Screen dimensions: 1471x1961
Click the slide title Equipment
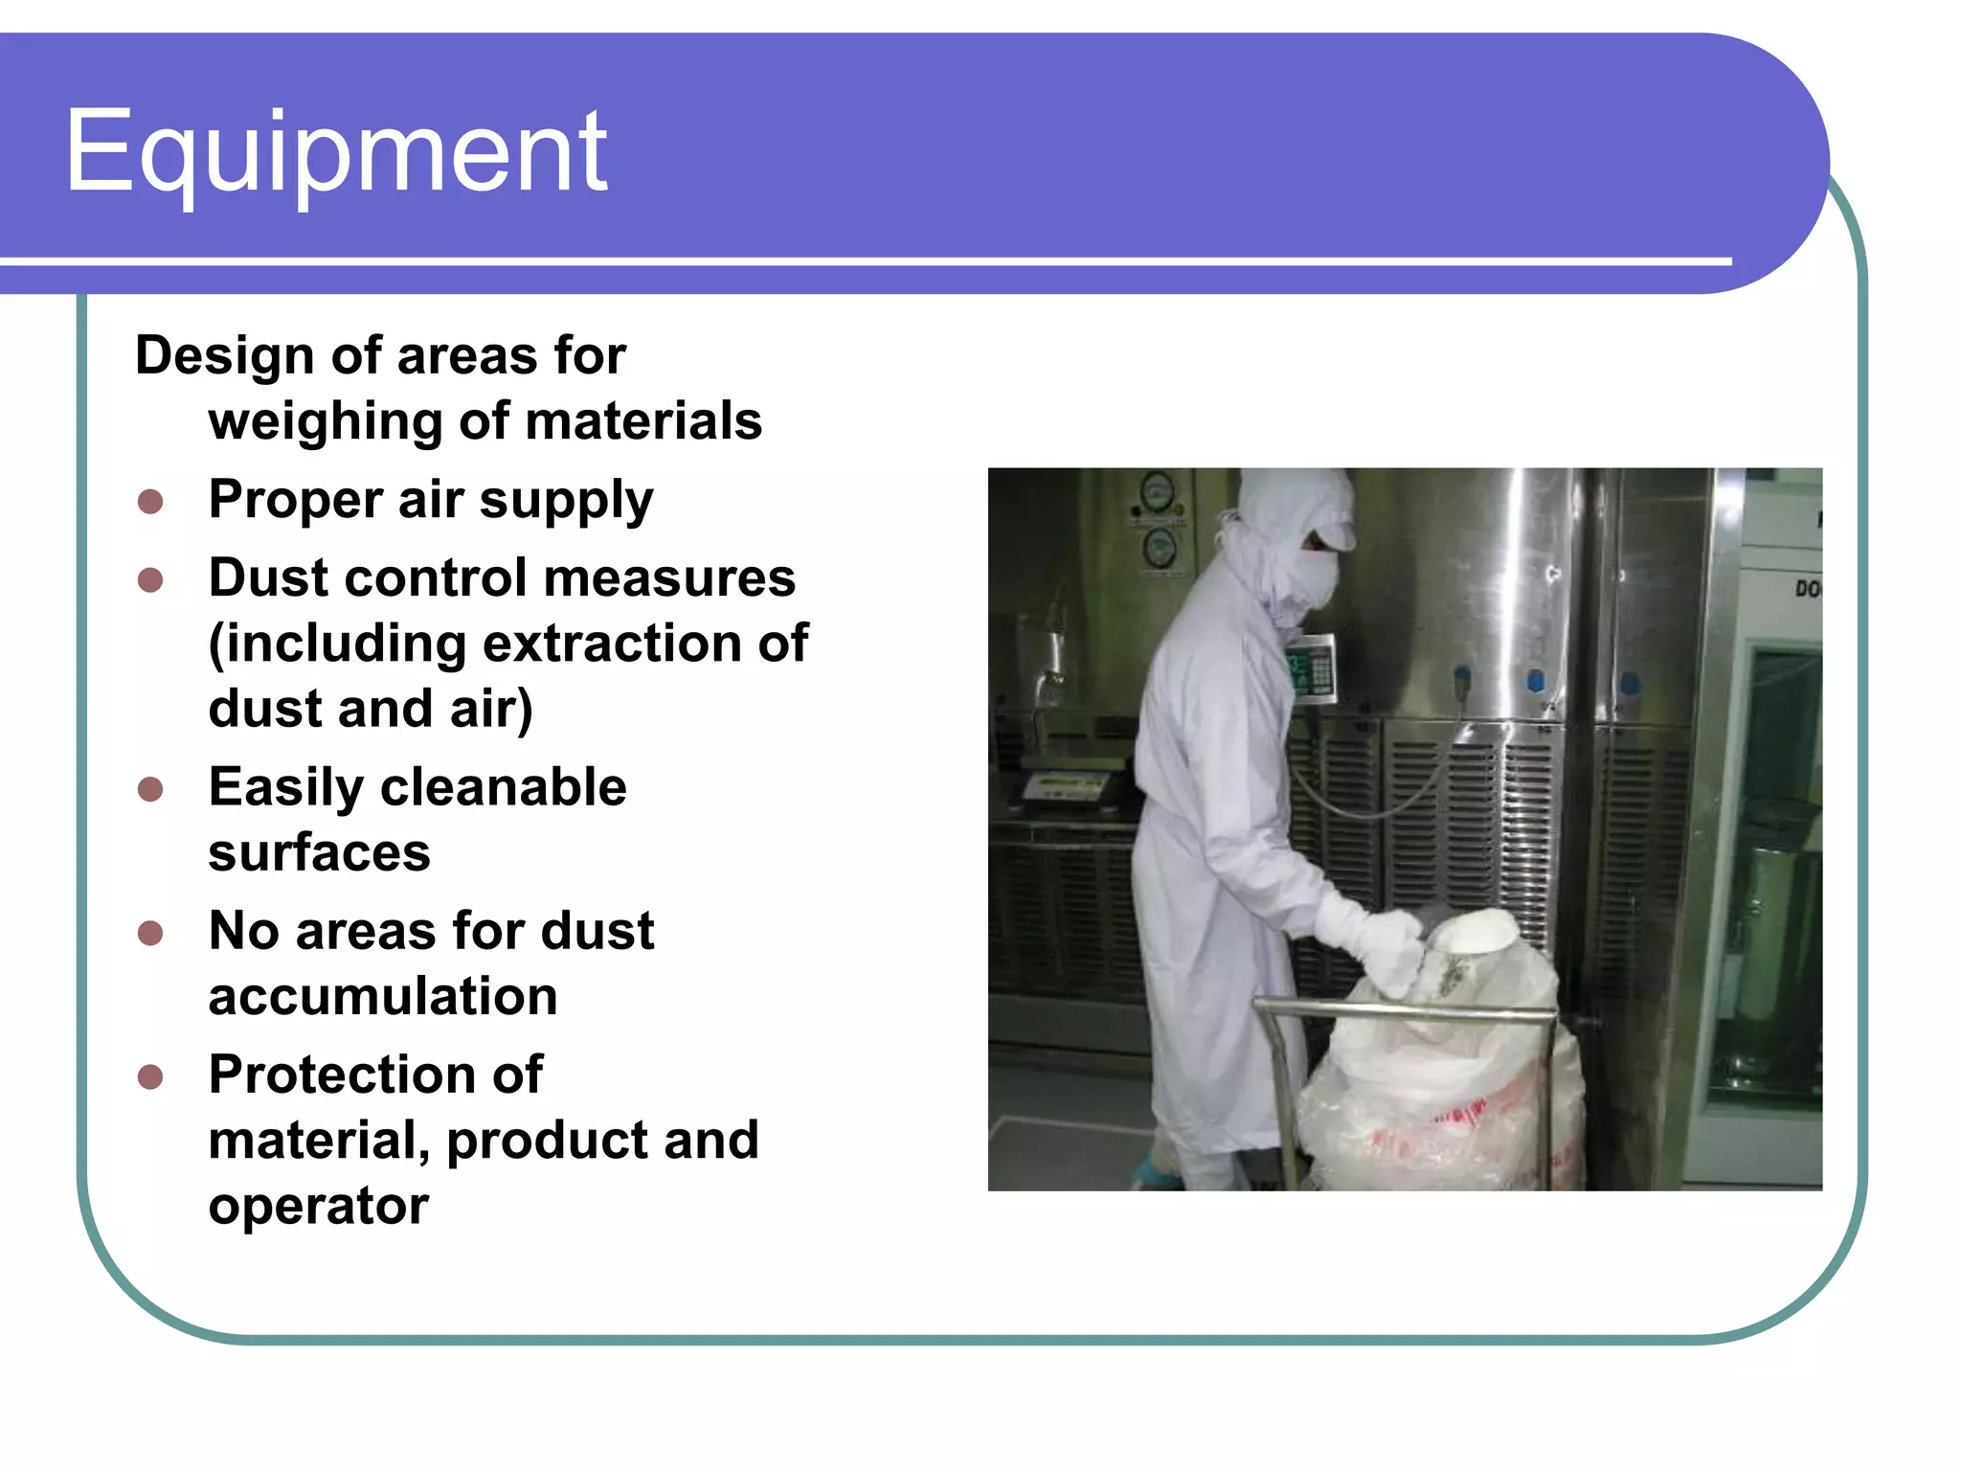click(x=335, y=151)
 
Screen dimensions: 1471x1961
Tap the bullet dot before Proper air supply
click(x=150, y=502)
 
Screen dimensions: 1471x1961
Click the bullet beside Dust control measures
click(x=150, y=580)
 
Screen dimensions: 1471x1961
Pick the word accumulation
click(x=383, y=997)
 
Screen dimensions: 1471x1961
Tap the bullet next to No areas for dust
click(x=150, y=933)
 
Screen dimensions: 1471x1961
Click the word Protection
click(x=375, y=1075)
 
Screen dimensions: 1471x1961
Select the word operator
click(x=318, y=1206)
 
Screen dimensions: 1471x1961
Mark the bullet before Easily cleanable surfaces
click(x=150, y=789)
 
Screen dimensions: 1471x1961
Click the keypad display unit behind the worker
click(x=1310, y=668)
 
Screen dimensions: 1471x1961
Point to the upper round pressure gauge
click(x=1157, y=493)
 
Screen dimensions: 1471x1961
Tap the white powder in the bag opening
click(x=1475, y=929)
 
